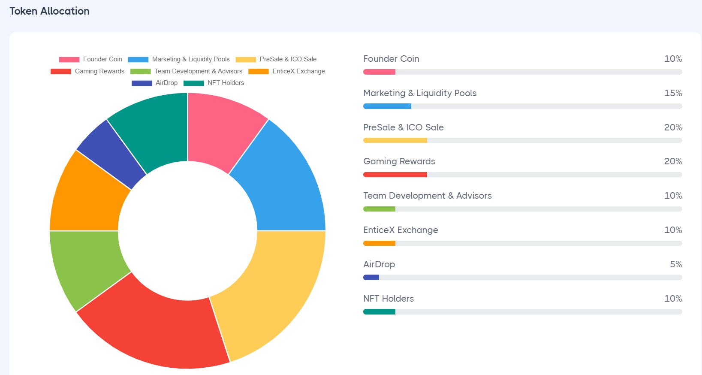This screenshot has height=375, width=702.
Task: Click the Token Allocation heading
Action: coord(49,11)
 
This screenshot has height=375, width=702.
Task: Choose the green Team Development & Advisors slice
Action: coord(86,266)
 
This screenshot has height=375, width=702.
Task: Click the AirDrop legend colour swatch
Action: coord(142,83)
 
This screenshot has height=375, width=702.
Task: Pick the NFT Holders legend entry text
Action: coord(226,83)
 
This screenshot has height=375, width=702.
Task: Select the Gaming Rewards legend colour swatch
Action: coord(60,71)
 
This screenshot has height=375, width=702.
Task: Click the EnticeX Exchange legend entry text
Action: coord(298,71)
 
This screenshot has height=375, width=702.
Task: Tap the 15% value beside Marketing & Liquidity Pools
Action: coord(673,93)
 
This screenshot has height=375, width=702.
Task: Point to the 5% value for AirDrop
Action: coord(676,264)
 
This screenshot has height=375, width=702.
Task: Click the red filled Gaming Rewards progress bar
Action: coord(395,175)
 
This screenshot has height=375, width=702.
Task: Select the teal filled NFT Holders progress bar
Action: coord(379,312)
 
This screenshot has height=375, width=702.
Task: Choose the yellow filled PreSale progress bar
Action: coord(395,140)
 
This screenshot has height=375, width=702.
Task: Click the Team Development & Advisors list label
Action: coord(427,196)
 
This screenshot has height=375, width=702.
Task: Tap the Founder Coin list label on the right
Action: coord(391,59)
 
